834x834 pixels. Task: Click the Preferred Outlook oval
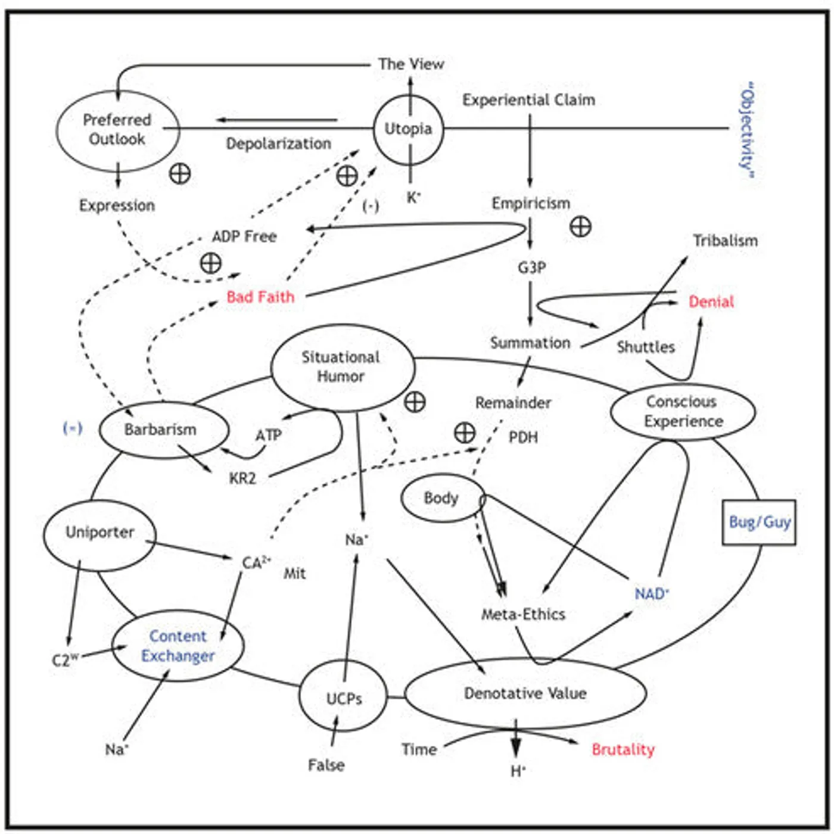(117, 130)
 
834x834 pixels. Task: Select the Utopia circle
(409, 129)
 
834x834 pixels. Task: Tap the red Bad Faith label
(260, 297)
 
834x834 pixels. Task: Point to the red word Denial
(711, 301)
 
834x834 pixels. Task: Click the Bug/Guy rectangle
(760, 522)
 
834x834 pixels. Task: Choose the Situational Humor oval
(342, 367)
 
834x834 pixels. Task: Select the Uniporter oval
(99, 533)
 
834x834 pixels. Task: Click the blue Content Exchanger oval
(178, 646)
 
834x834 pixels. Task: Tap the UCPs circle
(343, 698)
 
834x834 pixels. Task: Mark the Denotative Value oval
(525, 693)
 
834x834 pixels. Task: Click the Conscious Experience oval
(683, 412)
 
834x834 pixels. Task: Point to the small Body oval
(441, 498)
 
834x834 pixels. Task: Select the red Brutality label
(623, 749)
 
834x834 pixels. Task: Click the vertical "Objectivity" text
(747, 130)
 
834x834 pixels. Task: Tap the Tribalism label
(725, 241)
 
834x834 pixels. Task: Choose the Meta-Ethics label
(523, 614)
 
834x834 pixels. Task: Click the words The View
(411, 64)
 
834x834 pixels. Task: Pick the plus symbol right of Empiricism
(580, 226)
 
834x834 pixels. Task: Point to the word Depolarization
(278, 144)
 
